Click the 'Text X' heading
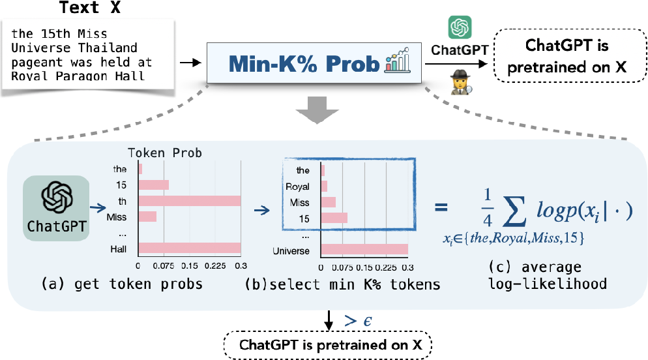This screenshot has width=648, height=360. [89, 8]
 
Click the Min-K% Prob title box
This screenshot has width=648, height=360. [315, 63]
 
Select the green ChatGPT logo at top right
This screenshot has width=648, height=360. [460, 28]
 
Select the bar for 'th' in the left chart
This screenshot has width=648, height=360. [190, 201]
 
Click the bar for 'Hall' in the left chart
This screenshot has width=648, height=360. [190, 248]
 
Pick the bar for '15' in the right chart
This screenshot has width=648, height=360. [334, 217]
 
